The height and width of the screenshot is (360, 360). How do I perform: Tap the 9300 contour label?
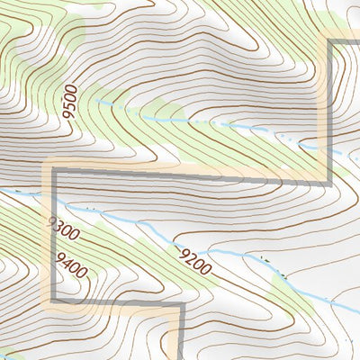pyautogui.click(x=63, y=230)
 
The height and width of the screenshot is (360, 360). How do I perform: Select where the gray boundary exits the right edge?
pyautogui.click(x=359, y=40)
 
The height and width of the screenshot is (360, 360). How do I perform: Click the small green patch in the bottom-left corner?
pyautogui.click(x=7, y=354)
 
